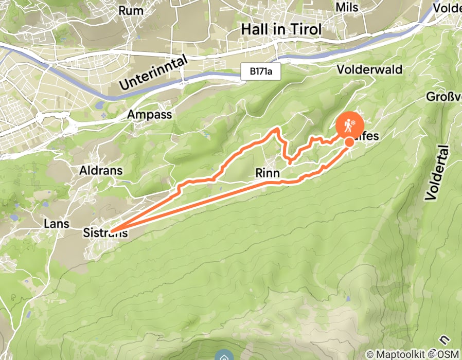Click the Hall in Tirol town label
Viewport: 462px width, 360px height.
click(x=281, y=30)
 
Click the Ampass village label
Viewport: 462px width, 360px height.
click(x=150, y=114)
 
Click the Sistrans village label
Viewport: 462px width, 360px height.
click(x=104, y=233)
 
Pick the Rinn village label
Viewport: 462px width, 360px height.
click(x=268, y=173)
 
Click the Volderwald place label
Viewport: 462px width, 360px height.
click(x=369, y=69)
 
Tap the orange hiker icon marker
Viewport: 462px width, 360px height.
click(x=350, y=125)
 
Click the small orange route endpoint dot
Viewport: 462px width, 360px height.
click(x=349, y=141)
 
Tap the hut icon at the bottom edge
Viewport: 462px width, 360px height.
click(x=223, y=356)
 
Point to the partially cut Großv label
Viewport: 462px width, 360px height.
click(x=443, y=97)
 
